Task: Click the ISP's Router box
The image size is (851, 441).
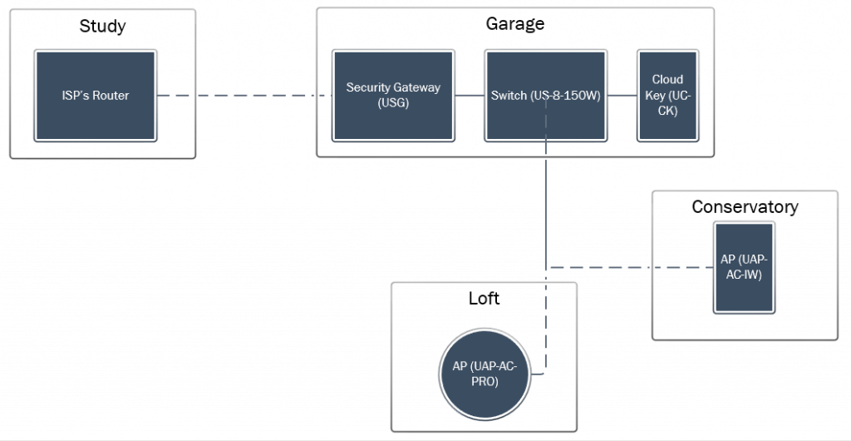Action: pos(96,96)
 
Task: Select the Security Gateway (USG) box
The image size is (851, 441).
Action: pos(393,96)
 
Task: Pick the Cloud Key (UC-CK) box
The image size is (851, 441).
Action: pos(667,96)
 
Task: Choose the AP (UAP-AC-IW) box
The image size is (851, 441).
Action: pos(745,267)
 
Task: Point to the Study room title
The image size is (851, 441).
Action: pos(102,26)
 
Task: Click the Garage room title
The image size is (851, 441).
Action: pos(515,24)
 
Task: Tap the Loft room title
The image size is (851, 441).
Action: pos(484,298)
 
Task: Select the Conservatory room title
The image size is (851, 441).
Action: pos(745,207)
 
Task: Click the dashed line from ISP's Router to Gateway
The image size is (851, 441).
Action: pos(244,96)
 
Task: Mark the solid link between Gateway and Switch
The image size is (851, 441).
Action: pos(470,96)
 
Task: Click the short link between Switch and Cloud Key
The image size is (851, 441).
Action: pos(622,96)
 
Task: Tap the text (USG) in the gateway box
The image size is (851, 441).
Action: pos(393,104)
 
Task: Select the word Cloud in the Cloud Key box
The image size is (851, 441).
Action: pos(667,80)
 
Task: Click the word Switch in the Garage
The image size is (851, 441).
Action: pos(509,96)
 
